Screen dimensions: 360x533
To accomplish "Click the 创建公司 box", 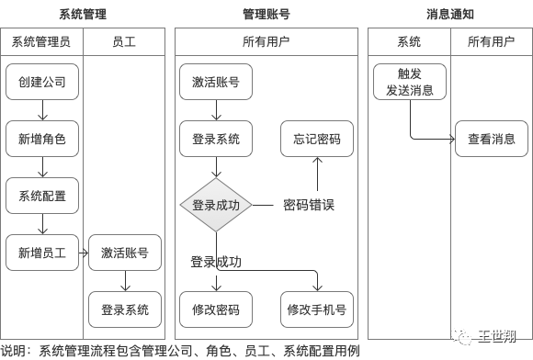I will point(41,82).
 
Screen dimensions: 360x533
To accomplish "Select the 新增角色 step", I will point(41,139).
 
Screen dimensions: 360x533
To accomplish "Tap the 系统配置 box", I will point(41,196).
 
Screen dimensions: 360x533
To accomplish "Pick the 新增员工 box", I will point(41,253).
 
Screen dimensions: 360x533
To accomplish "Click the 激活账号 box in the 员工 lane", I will point(124,253).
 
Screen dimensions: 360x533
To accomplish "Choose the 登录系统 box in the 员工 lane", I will point(124,309).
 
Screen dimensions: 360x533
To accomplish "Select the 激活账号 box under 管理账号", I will point(216,82).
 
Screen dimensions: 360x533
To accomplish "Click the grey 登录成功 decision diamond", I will point(216,205).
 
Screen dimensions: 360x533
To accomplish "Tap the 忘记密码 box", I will point(317,139).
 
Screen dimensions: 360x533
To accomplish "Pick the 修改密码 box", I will point(216,309).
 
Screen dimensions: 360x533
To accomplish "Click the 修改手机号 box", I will point(317,309).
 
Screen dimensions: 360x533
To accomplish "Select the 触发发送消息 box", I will point(409,82).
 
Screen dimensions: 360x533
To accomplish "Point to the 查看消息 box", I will point(492,139).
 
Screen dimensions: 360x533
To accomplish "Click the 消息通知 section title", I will point(450,15).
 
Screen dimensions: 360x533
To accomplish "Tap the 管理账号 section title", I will point(266,15).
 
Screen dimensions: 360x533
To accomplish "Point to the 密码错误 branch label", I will point(308,205).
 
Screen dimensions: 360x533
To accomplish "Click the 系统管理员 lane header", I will point(41,41).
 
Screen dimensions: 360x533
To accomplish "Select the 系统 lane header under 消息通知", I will point(409,41).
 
